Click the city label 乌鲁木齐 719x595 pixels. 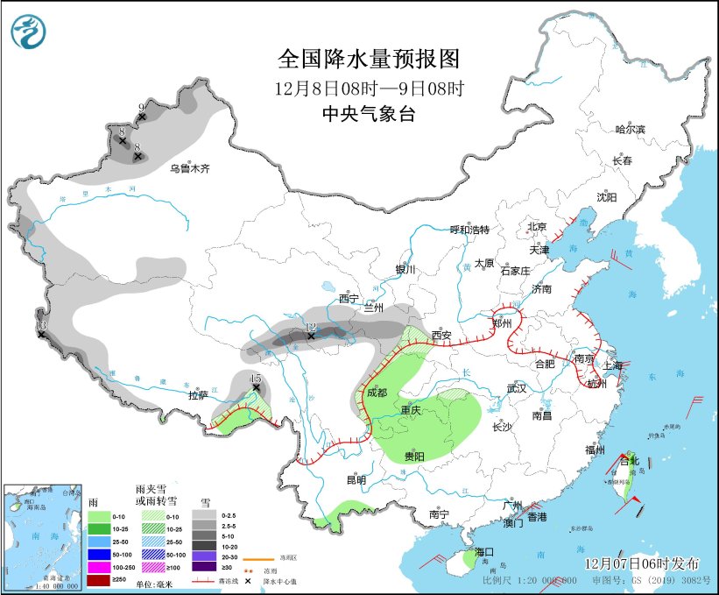pos(190,168)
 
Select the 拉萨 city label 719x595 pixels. pos(199,395)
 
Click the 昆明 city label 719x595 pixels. pos(356,479)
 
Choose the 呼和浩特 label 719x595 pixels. pos(469,230)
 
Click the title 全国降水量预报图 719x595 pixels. pos(368,59)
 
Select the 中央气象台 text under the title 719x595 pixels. pos(368,114)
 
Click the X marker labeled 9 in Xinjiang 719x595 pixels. pos(142,117)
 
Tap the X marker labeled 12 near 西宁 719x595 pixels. pos(311,336)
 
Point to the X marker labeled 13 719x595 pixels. pos(41,334)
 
